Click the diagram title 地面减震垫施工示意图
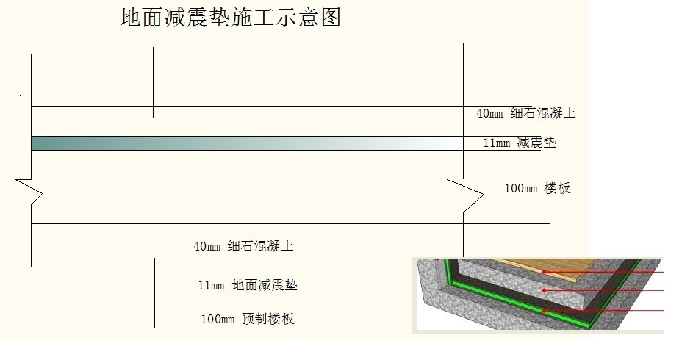click(230, 18)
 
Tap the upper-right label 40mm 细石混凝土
click(526, 113)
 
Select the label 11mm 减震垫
click(520, 143)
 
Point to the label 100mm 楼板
click(537, 188)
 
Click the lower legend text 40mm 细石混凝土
click(243, 245)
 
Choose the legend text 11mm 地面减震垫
click(248, 285)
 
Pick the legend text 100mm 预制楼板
click(248, 318)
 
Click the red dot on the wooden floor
click(545, 272)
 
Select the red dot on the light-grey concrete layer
click(545, 290)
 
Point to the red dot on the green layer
click(545, 311)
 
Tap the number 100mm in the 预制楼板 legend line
click(218, 319)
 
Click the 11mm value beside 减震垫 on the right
click(496, 143)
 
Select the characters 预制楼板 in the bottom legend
click(267, 318)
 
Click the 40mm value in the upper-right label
click(489, 114)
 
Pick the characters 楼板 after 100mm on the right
click(558, 188)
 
